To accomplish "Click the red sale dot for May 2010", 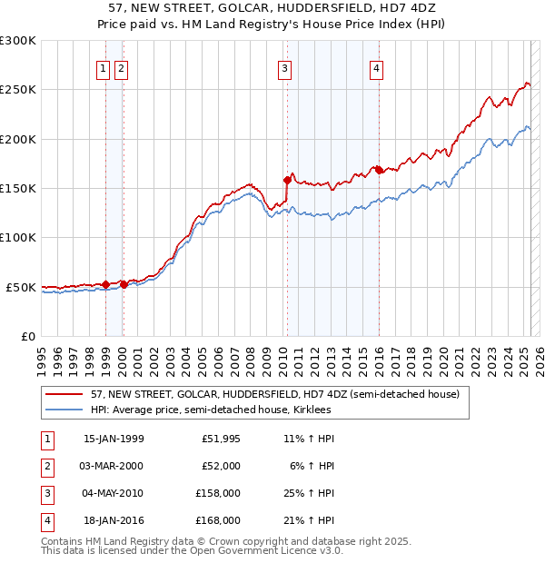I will [287, 179].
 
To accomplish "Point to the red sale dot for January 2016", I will [379, 169].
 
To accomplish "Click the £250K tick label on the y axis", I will [18, 90].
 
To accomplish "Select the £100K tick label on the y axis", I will [18, 238].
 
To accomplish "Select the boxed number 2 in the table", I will [46, 466].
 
